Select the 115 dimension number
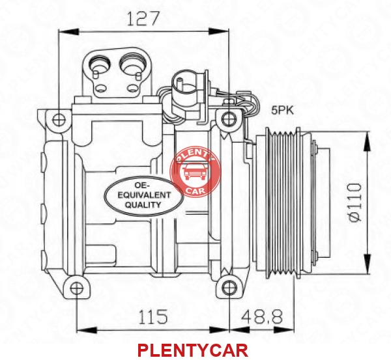tap(153, 316)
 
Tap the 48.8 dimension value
tap(262, 316)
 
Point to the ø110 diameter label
tap(355, 202)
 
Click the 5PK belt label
tap(283, 110)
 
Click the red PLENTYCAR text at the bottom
tap(192, 350)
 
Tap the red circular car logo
tap(195, 171)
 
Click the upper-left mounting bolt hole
tap(59, 120)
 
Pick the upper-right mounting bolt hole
tap(228, 118)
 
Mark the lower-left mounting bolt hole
tap(76, 288)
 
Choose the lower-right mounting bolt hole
tap(229, 288)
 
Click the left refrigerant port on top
tap(99, 64)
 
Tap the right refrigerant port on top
tap(132, 64)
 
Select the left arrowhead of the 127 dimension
tap(69, 32)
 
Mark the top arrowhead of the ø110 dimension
tap(368, 141)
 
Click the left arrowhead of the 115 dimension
tap(87, 330)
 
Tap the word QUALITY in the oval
tap(143, 205)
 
